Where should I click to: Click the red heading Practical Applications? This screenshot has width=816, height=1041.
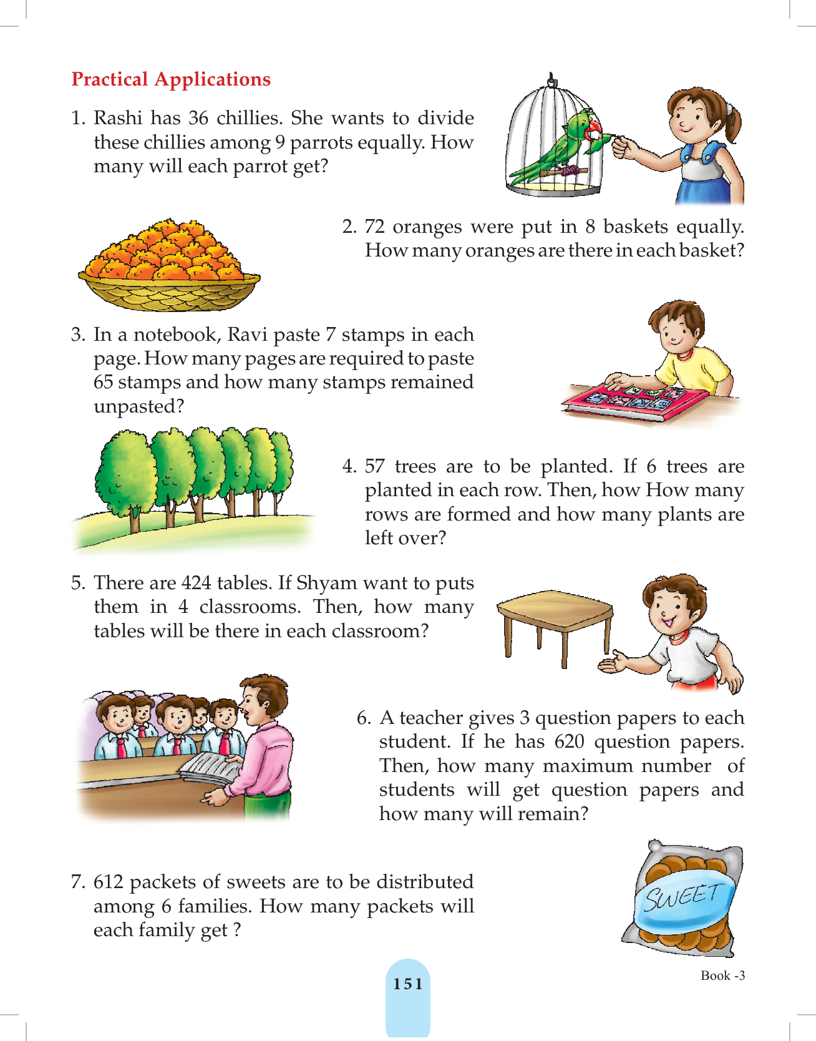tap(171, 80)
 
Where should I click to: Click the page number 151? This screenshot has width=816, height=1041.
tap(408, 984)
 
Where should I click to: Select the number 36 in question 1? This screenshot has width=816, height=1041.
tap(198, 118)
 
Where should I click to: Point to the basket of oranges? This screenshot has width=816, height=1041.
tap(168, 265)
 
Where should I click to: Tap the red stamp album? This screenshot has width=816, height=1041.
tap(633, 403)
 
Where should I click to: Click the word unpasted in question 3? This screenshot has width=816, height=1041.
tap(138, 407)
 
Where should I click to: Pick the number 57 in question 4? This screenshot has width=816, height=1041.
tap(374, 466)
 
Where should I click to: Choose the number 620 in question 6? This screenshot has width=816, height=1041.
tap(569, 742)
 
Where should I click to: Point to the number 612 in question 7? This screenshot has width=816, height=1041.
tap(109, 882)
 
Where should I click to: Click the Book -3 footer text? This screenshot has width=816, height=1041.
tap(723, 975)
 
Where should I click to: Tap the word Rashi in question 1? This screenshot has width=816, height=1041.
tap(118, 118)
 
